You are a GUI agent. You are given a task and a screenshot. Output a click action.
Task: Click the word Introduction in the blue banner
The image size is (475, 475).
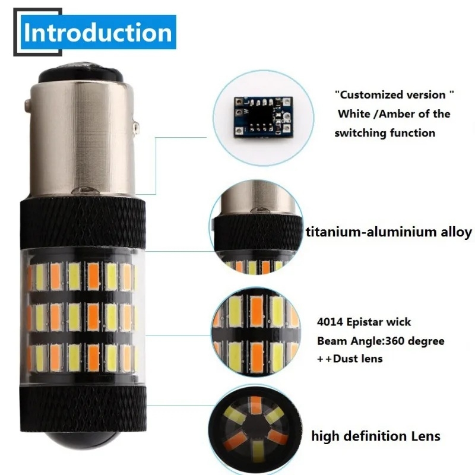[x=97, y=32]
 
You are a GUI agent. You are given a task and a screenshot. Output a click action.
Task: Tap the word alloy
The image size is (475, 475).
[x=454, y=232]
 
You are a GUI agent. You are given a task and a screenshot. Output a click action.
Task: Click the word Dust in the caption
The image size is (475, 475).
[x=347, y=358]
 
